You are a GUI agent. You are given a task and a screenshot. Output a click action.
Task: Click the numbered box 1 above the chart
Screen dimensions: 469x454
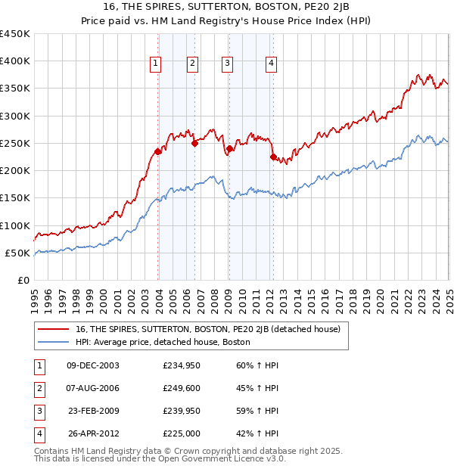coord(155,64)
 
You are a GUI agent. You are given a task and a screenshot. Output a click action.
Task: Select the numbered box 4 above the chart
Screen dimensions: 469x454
coord(270,64)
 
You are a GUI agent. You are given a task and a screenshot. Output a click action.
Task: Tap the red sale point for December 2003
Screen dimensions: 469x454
coord(158,151)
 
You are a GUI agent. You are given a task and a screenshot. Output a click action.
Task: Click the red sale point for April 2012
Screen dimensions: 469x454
coord(273,157)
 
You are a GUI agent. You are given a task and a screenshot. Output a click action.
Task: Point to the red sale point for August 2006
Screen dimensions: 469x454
coord(194,143)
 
